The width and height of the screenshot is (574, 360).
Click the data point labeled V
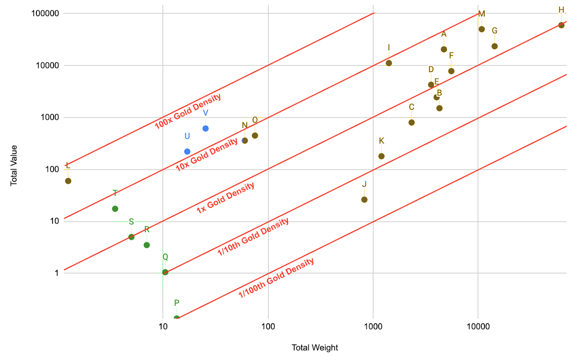click(206, 128)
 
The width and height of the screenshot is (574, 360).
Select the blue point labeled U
click(187, 151)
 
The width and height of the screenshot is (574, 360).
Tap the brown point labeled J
click(364, 200)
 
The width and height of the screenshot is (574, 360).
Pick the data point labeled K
click(381, 156)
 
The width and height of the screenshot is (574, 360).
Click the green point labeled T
click(115, 209)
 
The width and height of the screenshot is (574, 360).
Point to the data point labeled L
click(68, 181)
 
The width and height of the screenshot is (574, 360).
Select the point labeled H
click(561, 25)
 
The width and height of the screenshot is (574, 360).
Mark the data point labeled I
click(389, 63)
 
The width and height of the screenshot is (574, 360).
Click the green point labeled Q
click(165, 272)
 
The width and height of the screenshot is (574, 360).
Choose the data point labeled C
click(411, 122)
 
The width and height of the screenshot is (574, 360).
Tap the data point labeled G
click(494, 46)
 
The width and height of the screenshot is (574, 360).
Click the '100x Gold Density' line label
click(188, 111)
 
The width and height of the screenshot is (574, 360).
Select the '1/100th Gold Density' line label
click(276, 278)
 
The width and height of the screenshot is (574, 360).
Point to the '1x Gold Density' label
click(225, 198)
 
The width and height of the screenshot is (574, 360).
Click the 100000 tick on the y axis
click(45, 13)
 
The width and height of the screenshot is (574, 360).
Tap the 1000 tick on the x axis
click(373, 326)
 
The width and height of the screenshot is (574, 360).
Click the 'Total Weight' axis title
click(315, 347)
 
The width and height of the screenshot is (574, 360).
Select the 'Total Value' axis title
click(14, 165)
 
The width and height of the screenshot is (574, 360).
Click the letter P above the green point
click(177, 303)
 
